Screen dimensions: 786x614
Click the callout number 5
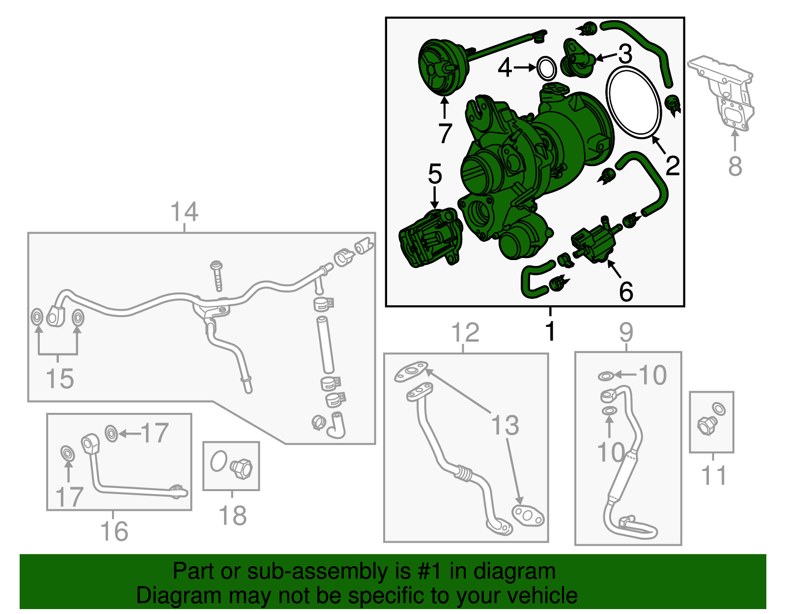coord(435,174)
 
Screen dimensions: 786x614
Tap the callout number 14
coord(185,212)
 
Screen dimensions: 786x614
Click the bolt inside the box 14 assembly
coord(217,276)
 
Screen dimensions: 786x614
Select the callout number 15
coord(60,379)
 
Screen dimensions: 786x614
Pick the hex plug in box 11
coord(707,426)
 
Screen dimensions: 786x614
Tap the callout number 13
coord(505,425)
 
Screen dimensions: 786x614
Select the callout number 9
coord(626,332)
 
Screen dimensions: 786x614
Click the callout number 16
coord(114,531)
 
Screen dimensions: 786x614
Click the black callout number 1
coord(550,331)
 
